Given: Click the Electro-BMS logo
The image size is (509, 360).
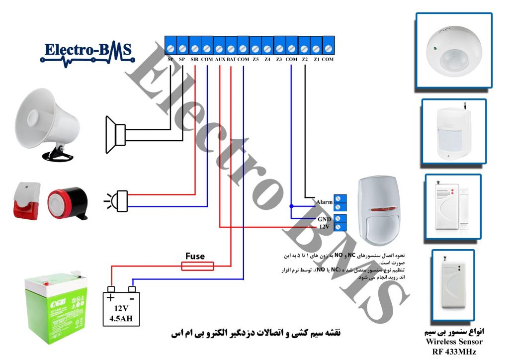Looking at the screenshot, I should coord(87,51).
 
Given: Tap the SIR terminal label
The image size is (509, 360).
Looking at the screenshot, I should coord(194,59).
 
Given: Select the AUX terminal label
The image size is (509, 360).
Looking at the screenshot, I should coord(220,59).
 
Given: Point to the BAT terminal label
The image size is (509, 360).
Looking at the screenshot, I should coord(231,59).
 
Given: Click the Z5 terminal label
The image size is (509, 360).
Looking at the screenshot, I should coord(255,59).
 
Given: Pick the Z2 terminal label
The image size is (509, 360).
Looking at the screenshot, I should coord(305,59).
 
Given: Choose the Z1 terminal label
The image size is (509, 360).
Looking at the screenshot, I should coord(317,59).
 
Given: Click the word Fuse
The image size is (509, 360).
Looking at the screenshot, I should coord(195,256).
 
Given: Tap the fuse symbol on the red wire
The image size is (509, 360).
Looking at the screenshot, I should coord(198,267).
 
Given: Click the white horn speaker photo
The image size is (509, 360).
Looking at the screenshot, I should coord(47,124).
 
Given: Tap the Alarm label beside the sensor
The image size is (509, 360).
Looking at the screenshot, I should coord(324,202).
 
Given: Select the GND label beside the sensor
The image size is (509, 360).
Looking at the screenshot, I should coord(324,219).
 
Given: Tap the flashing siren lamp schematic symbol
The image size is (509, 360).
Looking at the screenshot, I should coord(116,200).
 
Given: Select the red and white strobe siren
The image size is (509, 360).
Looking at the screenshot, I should coord(26,201).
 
